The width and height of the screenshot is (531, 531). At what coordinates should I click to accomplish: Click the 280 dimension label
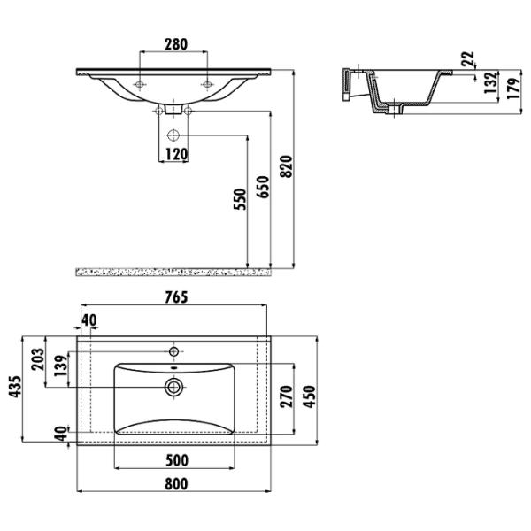click(176, 44)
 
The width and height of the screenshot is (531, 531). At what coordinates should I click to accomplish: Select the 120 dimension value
click(176, 154)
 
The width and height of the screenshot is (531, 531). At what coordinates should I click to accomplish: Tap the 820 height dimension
click(287, 166)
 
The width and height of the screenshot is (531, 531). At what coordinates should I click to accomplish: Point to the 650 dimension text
click(263, 187)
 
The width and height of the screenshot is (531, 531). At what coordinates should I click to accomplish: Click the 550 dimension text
click(240, 199)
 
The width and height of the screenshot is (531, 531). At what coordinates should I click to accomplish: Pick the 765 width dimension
click(176, 297)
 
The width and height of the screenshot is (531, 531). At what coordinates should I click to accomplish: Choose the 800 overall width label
click(176, 483)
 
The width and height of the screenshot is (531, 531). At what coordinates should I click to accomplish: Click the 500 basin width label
click(177, 460)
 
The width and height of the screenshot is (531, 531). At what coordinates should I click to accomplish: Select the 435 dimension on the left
click(15, 387)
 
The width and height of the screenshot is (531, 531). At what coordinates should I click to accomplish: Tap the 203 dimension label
click(37, 359)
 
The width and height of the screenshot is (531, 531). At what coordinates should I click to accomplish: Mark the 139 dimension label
click(61, 366)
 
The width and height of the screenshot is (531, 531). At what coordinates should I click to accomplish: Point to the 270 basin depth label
click(287, 396)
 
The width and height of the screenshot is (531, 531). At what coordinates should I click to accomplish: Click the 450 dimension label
click(310, 396)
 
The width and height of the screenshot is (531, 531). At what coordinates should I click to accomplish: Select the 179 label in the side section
click(513, 88)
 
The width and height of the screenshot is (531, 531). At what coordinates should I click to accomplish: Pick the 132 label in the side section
click(490, 83)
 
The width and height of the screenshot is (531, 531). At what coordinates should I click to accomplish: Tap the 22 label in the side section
click(468, 59)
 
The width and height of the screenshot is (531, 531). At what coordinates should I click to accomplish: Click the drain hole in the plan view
click(173, 387)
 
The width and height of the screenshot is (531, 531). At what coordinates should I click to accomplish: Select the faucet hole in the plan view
click(173, 352)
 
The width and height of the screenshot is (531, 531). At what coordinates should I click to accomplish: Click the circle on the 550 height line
click(173, 135)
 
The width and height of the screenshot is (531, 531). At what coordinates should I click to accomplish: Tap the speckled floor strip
click(173, 272)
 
